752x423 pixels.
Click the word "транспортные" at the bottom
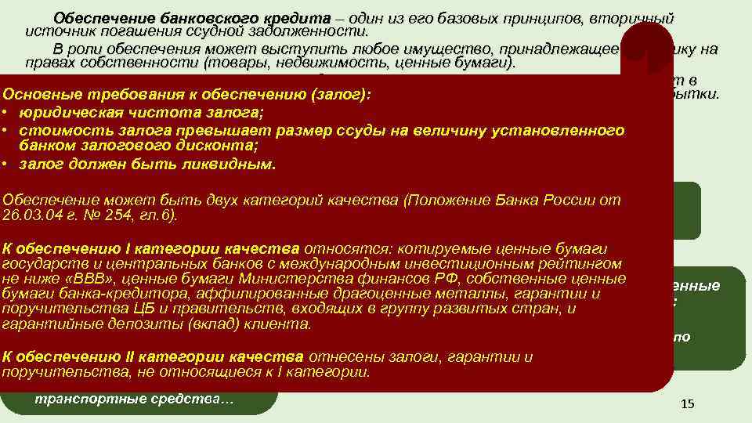[x=85, y=401]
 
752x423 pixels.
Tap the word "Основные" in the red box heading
[x=40, y=95]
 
